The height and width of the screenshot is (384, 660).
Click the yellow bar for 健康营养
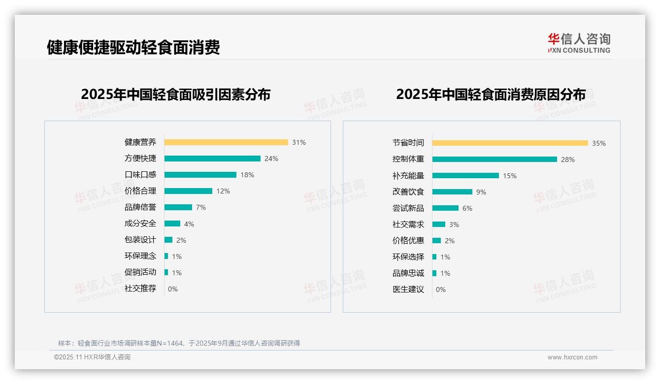226,142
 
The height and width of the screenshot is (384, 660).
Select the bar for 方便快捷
212,159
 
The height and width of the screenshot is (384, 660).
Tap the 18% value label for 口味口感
247,175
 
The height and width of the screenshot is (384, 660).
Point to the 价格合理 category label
140,191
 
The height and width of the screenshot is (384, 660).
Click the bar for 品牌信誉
178,207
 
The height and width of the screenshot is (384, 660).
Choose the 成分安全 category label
140,224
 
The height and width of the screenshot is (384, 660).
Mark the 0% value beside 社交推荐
173,289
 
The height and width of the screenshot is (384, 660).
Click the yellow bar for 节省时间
510,143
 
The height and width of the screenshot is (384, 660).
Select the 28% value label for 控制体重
568,160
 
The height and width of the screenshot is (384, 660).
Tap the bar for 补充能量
465,176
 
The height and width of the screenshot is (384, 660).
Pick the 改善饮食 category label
408,192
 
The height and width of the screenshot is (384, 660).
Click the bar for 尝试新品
445,208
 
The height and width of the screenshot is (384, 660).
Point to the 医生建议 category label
408,289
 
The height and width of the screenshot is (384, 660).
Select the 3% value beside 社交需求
454,224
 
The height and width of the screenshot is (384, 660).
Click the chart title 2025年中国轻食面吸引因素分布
176,95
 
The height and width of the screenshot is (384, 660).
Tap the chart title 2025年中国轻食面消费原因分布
491,95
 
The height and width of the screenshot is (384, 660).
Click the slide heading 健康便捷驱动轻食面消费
133,47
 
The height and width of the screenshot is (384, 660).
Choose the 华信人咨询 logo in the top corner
579,43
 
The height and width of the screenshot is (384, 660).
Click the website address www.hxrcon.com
572,357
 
